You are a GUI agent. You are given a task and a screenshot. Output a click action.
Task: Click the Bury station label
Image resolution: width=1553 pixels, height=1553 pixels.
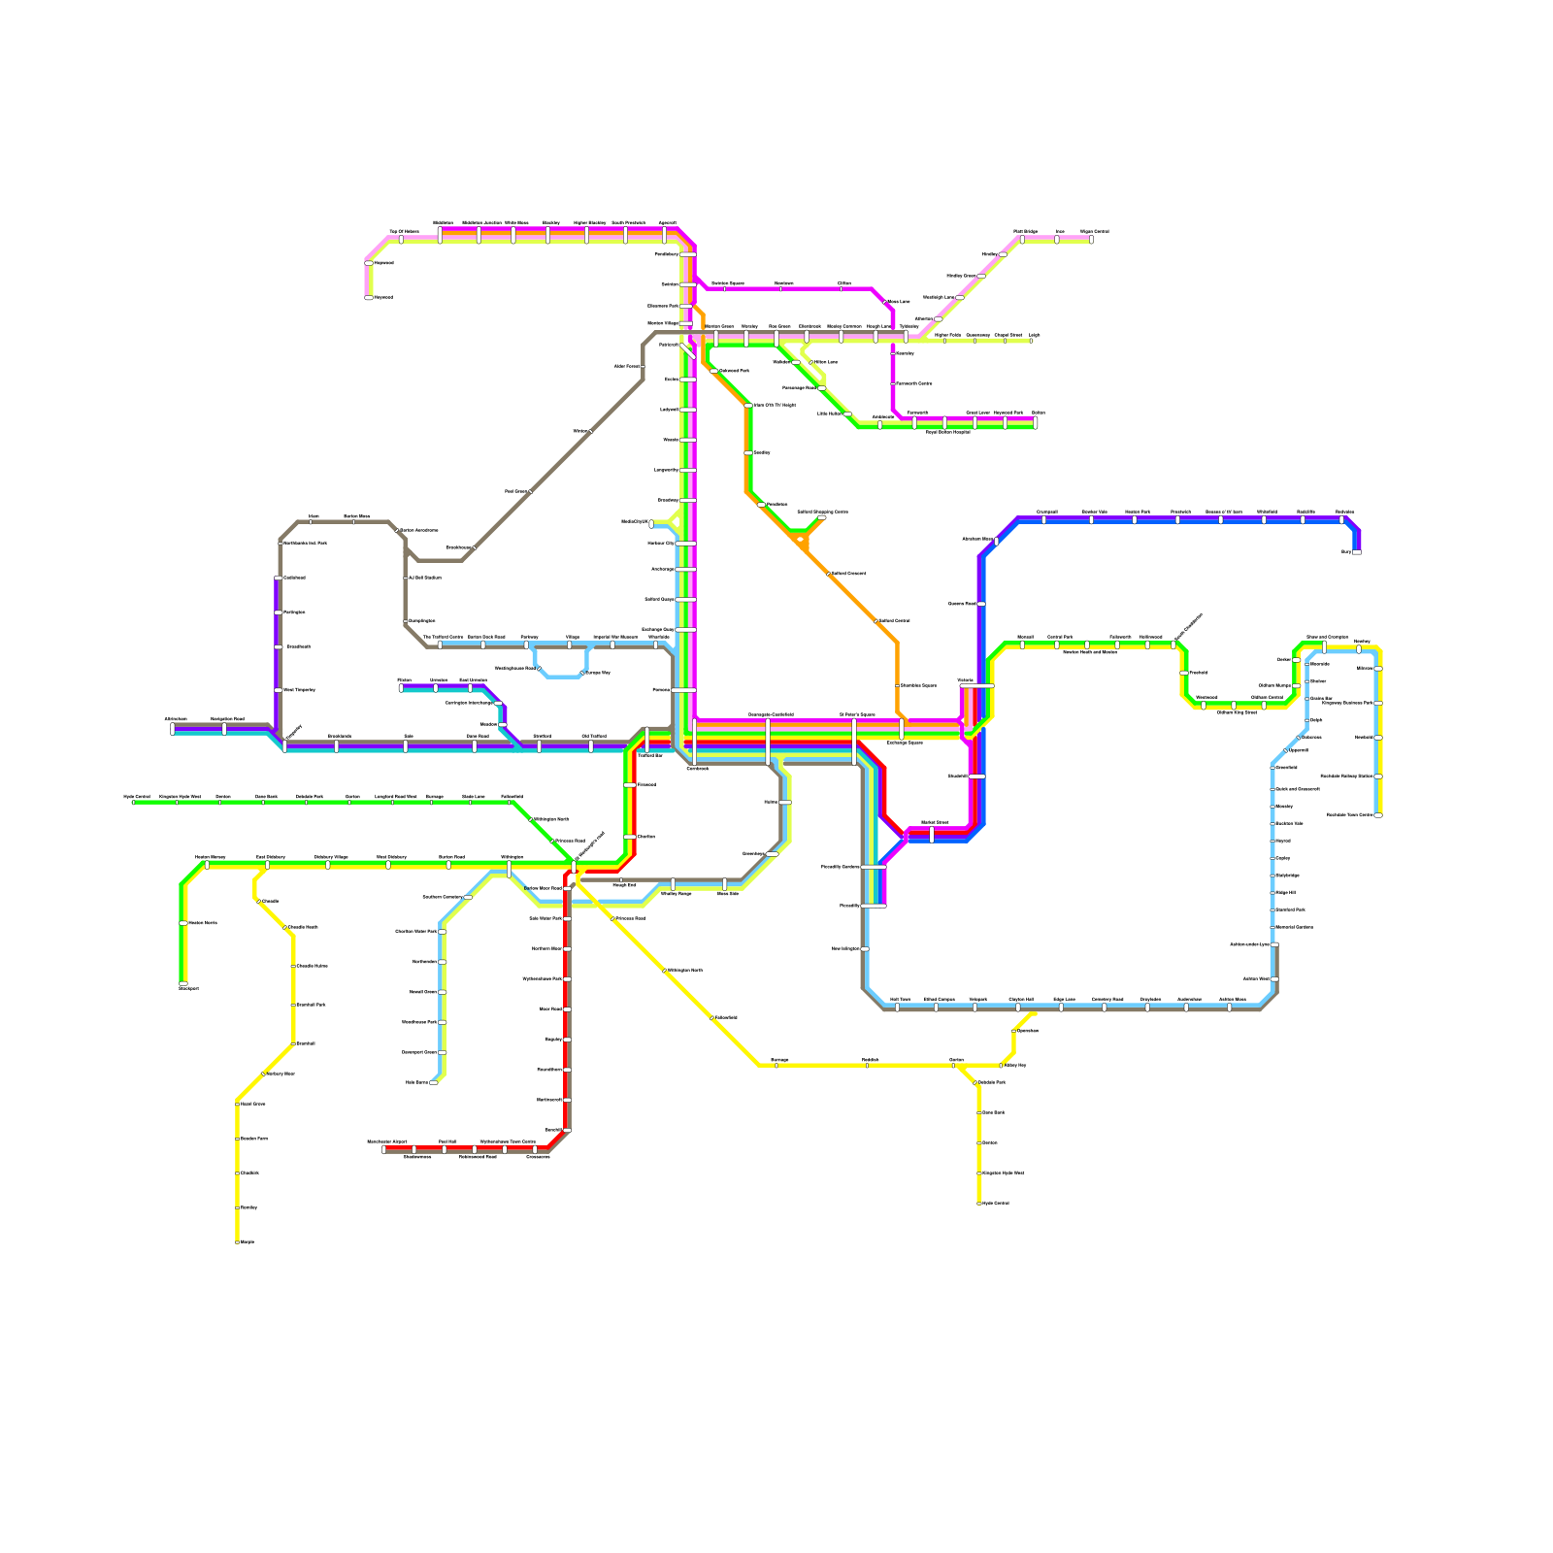(x=1346, y=551)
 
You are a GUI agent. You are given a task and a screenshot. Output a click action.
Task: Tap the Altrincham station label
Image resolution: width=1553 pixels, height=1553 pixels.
(x=176, y=719)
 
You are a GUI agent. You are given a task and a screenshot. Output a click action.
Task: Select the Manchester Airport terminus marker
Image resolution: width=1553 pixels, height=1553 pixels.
(x=384, y=1149)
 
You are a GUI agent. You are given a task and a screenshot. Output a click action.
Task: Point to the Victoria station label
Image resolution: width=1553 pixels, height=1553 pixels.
(x=965, y=679)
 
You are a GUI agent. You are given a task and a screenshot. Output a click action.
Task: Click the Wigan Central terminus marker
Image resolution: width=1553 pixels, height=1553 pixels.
(x=1091, y=239)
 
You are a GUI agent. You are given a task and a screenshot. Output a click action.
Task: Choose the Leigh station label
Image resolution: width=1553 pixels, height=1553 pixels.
(x=1035, y=335)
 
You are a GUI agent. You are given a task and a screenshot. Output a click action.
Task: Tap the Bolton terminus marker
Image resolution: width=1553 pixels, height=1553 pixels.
(x=1036, y=422)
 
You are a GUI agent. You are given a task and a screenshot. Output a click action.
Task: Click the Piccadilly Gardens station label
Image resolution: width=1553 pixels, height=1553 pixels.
(x=841, y=867)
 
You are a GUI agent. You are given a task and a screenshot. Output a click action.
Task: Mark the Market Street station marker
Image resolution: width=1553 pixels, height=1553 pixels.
(x=932, y=834)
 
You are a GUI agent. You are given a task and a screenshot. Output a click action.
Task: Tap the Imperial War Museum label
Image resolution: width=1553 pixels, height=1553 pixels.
(x=615, y=637)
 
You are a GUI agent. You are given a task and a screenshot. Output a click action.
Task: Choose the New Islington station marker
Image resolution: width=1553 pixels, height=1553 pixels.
(x=865, y=948)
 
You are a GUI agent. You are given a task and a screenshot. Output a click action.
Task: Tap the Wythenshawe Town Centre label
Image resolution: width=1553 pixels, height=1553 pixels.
(x=508, y=1142)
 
